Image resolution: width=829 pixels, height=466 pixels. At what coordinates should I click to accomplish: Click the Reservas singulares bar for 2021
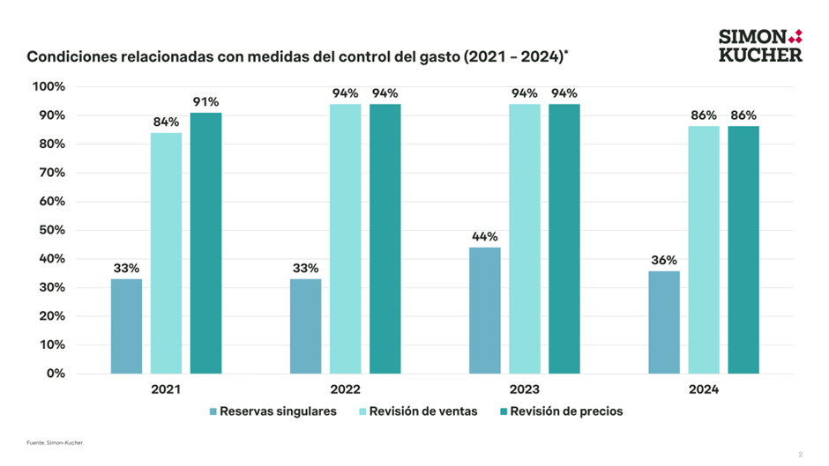pyautogui.click(x=126, y=326)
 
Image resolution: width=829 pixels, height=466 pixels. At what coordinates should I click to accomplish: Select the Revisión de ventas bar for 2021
pyautogui.click(x=166, y=253)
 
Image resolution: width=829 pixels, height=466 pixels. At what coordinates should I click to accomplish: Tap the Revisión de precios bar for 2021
pyautogui.click(x=205, y=243)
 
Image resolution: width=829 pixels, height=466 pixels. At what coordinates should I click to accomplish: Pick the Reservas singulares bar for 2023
pyautogui.click(x=484, y=310)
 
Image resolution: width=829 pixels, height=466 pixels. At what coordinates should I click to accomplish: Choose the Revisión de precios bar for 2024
pyautogui.click(x=743, y=250)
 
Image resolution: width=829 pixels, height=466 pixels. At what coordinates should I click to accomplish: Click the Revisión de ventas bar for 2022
pyautogui.click(x=345, y=239)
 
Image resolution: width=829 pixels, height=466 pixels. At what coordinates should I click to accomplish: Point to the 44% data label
pyautogui.click(x=484, y=237)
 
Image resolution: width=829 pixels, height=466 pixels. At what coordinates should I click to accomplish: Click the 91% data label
pyautogui.click(x=205, y=102)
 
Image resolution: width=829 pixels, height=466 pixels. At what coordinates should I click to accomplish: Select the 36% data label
pyautogui.click(x=663, y=261)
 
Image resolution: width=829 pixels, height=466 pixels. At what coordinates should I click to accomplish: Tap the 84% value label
pyautogui.click(x=166, y=122)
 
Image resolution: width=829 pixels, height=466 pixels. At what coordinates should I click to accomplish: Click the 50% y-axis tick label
pyautogui.click(x=50, y=230)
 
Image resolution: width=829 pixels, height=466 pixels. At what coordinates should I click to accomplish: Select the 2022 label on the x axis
pyautogui.click(x=345, y=389)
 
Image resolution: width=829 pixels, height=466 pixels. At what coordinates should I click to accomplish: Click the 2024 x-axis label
pyautogui.click(x=703, y=389)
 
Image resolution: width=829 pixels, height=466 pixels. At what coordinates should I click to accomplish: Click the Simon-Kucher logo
pyautogui.click(x=761, y=45)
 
